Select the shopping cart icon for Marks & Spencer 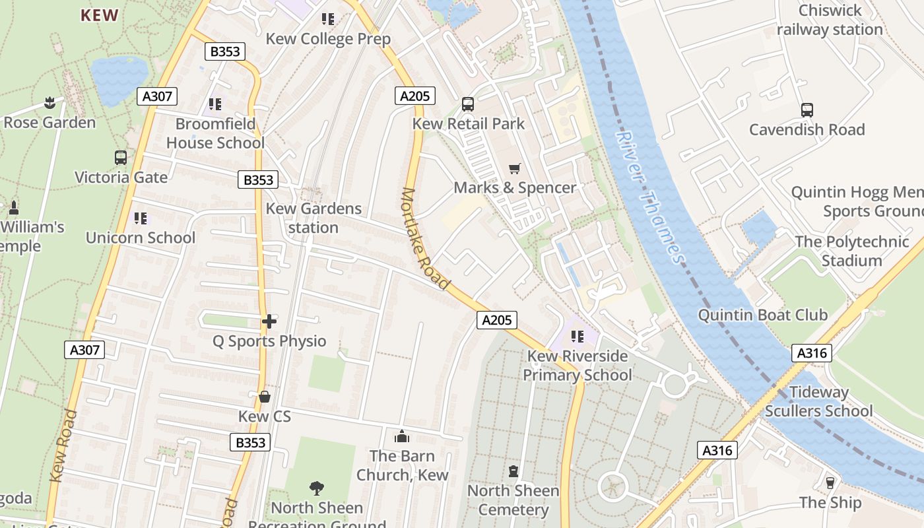click(515, 169)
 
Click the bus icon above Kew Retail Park click(468, 104)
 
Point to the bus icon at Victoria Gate click(121, 158)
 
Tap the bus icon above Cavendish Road click(807, 110)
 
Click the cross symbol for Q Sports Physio click(269, 321)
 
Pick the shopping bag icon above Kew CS click(265, 397)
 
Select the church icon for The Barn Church click(401, 436)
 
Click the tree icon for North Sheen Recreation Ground click(317, 488)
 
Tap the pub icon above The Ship click(830, 483)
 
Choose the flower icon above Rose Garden click(49, 103)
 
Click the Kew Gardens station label click(313, 218)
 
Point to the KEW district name click(100, 15)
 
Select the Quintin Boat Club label click(762, 315)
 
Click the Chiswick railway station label click(830, 20)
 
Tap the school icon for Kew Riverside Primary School click(577, 337)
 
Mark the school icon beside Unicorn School click(141, 218)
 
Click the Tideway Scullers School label click(819, 401)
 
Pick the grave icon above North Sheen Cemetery click(513, 471)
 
